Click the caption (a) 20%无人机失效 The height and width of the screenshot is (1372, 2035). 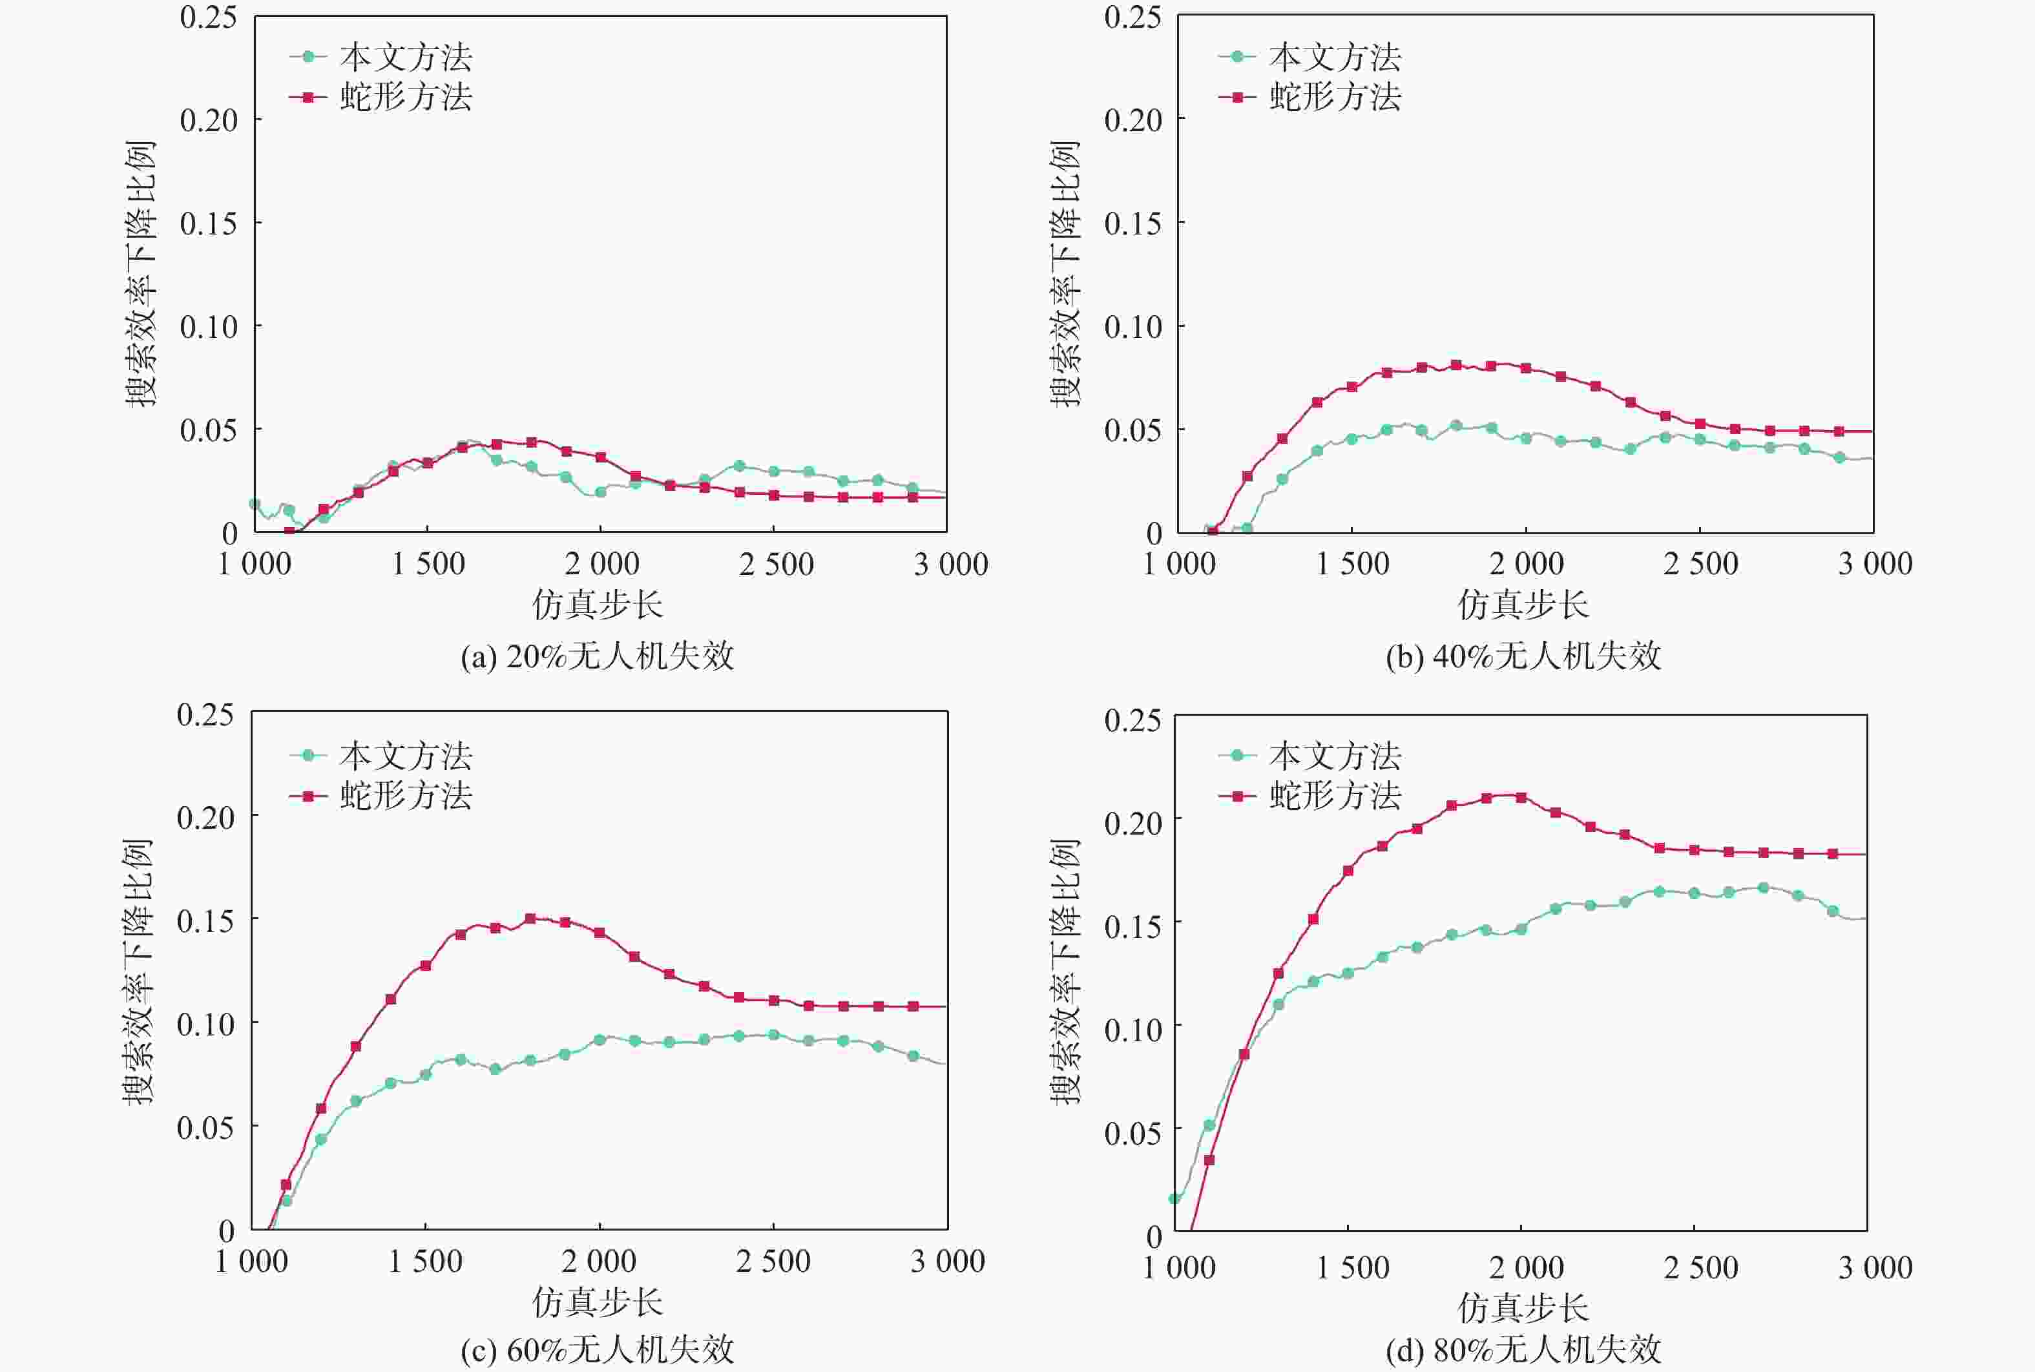point(598,656)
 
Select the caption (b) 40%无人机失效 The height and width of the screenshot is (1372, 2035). point(1523,656)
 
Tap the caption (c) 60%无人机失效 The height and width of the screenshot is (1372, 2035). point(598,1350)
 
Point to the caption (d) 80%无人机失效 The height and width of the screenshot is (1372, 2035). point(1523,1350)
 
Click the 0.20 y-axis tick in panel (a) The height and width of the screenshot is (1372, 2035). point(208,120)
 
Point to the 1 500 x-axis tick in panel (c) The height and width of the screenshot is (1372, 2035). point(425,1262)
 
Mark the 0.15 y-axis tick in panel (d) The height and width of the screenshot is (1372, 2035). point(1133,926)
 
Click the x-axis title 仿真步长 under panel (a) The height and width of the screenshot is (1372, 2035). point(598,605)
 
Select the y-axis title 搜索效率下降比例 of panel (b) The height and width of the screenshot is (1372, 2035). point(1065,274)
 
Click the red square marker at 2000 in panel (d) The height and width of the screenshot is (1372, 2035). point(1521,797)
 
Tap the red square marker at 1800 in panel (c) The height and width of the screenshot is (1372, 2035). point(530,919)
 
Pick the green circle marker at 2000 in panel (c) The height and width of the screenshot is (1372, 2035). point(600,1039)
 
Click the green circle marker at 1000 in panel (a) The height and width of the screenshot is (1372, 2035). point(255,504)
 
